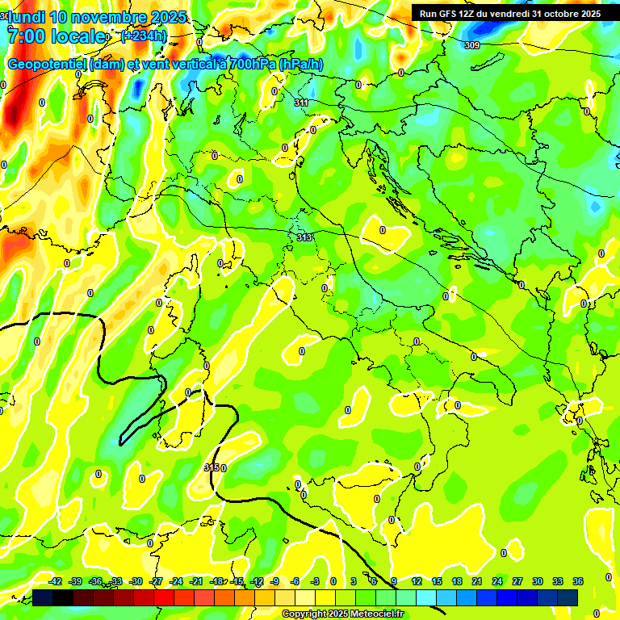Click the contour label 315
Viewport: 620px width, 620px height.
pos(212,467)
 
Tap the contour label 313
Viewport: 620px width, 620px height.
pos(304,237)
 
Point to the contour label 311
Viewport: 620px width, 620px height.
pos(302,103)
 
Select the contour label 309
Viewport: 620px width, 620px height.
pos(472,45)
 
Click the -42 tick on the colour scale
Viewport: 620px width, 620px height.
pos(56,581)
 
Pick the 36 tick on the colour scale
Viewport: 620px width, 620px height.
pos(578,581)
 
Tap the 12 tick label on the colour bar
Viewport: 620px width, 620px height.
pos(417,581)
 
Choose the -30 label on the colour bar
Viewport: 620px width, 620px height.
pos(136,581)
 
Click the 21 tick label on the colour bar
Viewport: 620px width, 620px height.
pos(477,581)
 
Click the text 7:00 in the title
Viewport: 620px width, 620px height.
pos(27,36)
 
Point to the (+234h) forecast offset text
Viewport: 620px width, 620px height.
pos(144,36)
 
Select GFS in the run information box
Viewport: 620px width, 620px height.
pos(446,14)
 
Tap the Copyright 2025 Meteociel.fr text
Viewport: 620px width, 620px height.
pos(342,614)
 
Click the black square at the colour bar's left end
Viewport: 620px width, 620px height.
pos(43,597)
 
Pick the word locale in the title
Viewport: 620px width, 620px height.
pos(78,36)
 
